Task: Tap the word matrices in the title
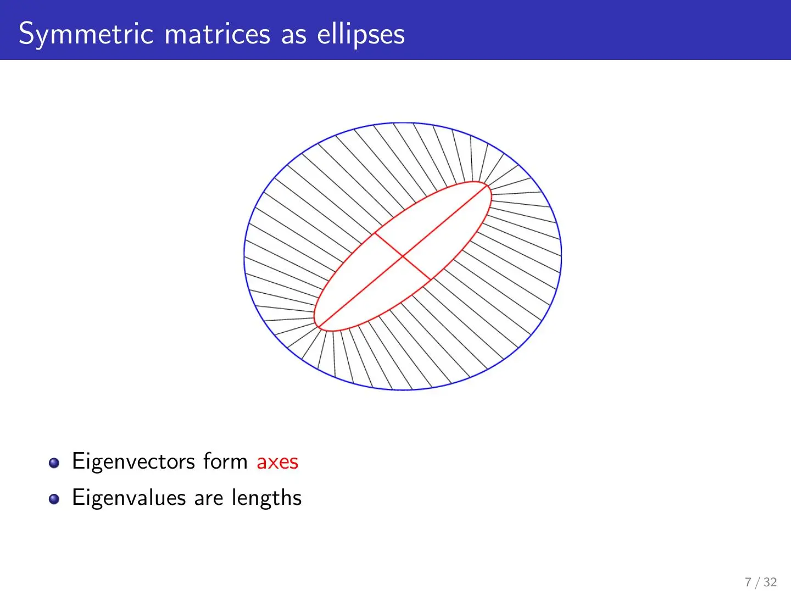tap(217, 34)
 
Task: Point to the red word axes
tap(277, 462)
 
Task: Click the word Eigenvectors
tap(133, 461)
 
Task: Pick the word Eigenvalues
tap(129, 498)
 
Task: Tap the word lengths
tap(266, 498)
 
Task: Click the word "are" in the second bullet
tap(208, 499)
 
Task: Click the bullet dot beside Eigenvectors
tap(54, 463)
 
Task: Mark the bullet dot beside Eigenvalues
tap(54, 499)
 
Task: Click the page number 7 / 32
tap(761, 582)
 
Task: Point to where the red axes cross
tap(403, 256)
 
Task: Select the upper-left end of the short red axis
tap(375, 233)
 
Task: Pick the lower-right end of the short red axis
tap(431, 279)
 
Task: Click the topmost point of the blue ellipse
tap(403, 123)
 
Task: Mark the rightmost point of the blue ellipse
tap(561, 256)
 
